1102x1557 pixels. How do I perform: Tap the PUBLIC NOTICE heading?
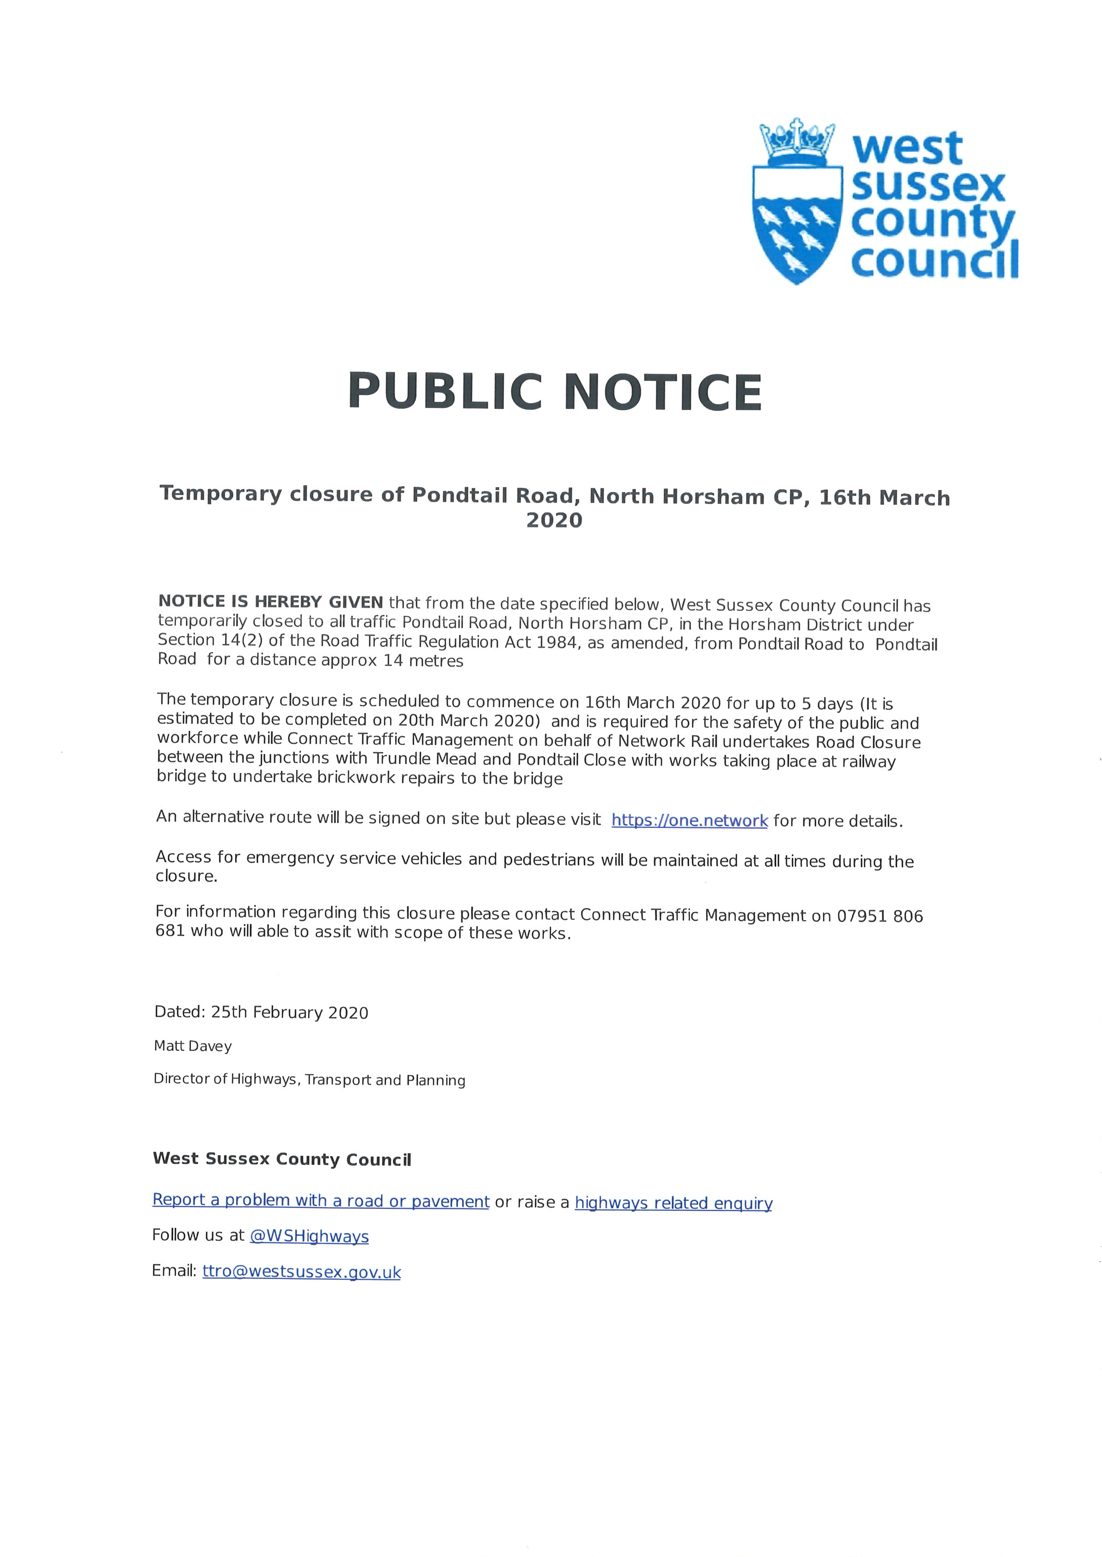coord(555,392)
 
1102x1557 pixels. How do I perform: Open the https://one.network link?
coord(690,820)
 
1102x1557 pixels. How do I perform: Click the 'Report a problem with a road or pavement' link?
coord(320,1200)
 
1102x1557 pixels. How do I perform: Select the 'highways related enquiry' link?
coord(673,1203)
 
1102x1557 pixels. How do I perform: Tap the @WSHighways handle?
coord(309,1236)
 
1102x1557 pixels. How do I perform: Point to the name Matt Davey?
coord(193,1046)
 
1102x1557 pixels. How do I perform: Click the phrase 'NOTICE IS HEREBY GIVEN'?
coord(270,602)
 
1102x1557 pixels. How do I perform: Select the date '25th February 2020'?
coord(290,1012)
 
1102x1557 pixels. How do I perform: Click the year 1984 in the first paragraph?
coord(559,642)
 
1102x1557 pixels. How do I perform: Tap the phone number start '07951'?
coord(862,916)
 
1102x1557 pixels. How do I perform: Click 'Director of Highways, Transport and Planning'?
coord(309,1080)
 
